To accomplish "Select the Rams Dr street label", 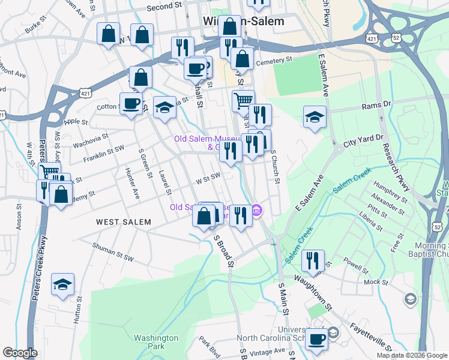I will [x=376, y=105].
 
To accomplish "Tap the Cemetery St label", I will [x=273, y=61].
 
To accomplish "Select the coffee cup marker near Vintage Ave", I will [x=317, y=338].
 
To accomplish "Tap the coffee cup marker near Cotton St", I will [x=131, y=103].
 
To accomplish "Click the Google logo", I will [x=20, y=353].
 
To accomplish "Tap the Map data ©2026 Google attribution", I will [x=412, y=355].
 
